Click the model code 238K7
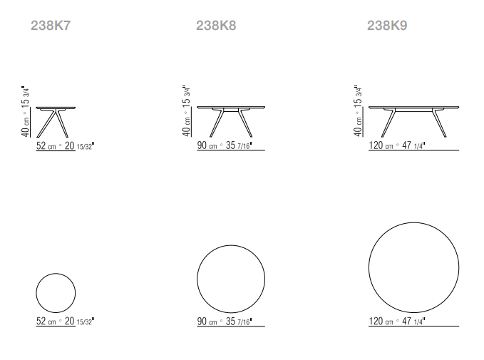[x=51, y=26]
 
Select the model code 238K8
[x=216, y=26]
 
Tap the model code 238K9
[x=387, y=26]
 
